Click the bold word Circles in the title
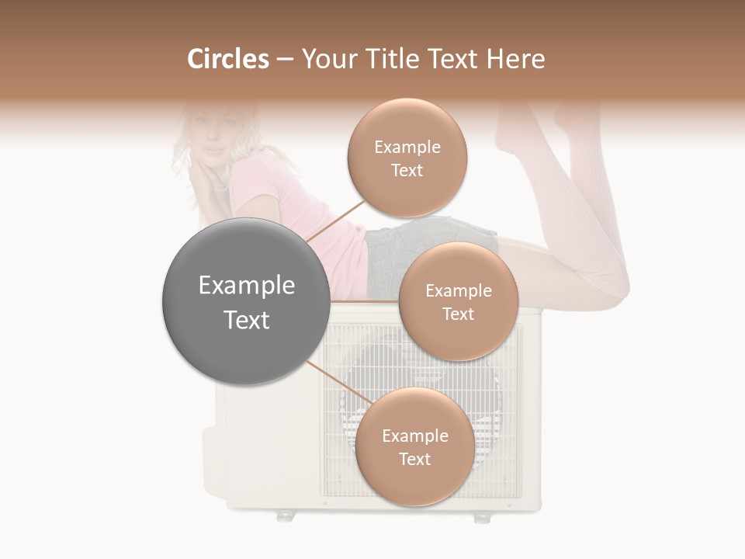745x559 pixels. coord(228,59)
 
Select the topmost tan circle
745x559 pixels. coord(407,158)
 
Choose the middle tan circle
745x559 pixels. coord(458,301)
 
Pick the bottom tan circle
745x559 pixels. coord(414,446)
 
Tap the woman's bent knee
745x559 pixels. coord(613,279)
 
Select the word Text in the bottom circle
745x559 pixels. coord(414,459)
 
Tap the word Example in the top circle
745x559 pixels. coord(407,147)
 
